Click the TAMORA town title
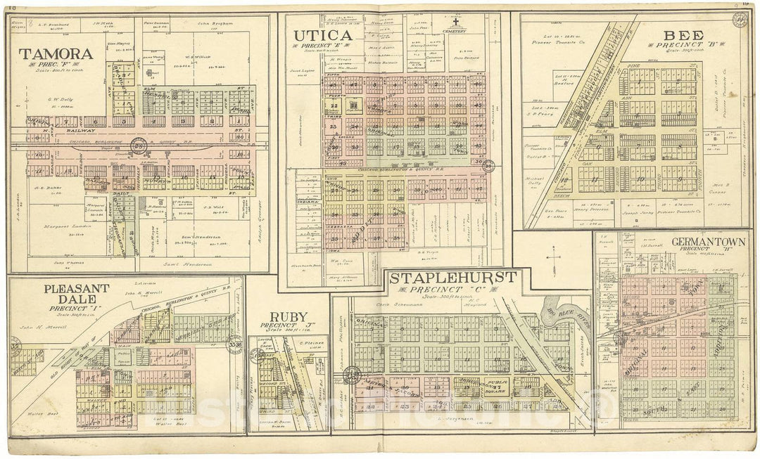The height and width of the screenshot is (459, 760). click(56, 54)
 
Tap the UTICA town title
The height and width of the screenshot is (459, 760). click(324, 35)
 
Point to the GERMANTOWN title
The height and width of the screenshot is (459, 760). click(707, 241)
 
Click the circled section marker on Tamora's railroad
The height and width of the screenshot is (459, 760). click(139, 146)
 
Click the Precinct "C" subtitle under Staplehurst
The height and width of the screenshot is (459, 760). click(454, 289)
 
